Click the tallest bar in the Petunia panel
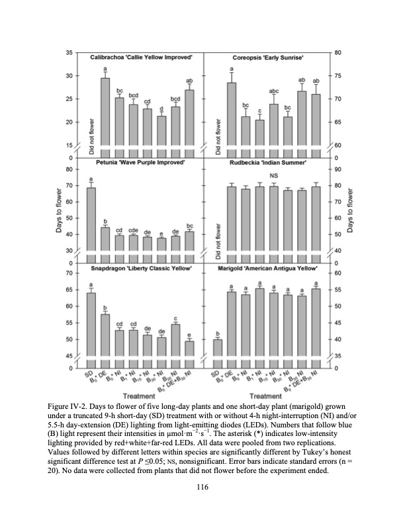[91, 225]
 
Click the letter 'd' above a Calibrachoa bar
[161, 109]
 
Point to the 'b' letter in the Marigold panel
[218, 333]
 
